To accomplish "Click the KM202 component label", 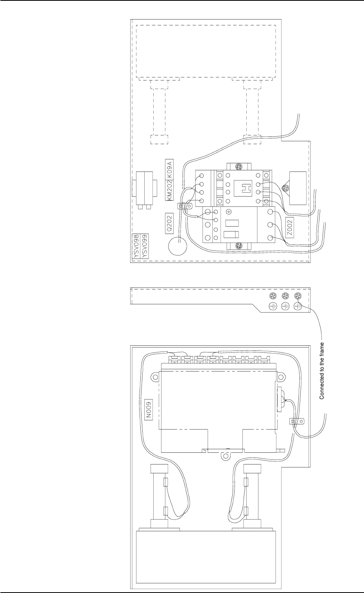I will tap(169, 190).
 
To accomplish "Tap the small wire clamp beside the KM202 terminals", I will tap(181, 206).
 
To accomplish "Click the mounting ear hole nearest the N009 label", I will tap(156, 377).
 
